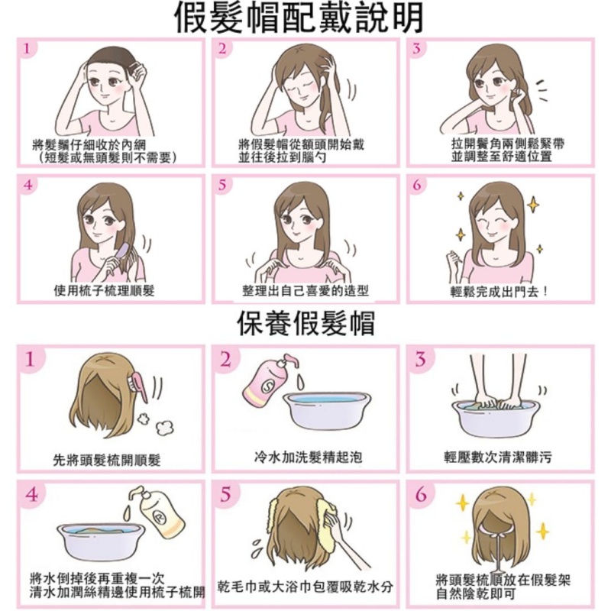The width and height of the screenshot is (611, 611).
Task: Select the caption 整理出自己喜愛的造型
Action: [x=305, y=291]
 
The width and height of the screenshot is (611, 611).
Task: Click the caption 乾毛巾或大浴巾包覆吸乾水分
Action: [x=305, y=587]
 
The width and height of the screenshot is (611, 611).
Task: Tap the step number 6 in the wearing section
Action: [x=416, y=186]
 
